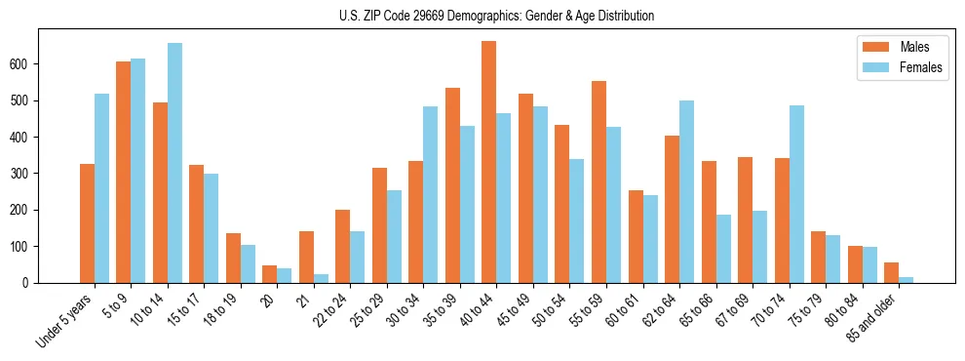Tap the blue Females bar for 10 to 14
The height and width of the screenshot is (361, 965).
tap(174, 163)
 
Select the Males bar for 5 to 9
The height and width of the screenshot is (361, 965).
tap(123, 173)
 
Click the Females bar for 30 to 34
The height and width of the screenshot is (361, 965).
tap(431, 195)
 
